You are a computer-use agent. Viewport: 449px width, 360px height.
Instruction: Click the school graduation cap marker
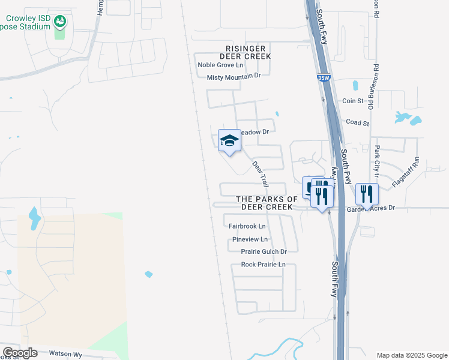click(x=229, y=141)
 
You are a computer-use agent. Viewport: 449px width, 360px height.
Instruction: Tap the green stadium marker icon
click(x=59, y=23)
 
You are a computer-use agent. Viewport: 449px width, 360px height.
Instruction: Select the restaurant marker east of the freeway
click(x=367, y=194)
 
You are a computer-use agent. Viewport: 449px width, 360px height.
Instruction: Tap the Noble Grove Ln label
click(x=221, y=65)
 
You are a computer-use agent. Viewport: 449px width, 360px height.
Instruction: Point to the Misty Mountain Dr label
click(x=235, y=77)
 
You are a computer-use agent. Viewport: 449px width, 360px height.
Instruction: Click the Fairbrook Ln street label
click(x=247, y=226)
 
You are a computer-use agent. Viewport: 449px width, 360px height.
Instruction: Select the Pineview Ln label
click(x=250, y=239)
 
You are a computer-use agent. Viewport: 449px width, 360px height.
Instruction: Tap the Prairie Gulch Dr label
click(x=264, y=251)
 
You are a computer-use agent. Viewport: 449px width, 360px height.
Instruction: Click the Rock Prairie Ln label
click(x=263, y=265)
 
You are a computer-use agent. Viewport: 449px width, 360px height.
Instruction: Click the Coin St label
click(x=353, y=101)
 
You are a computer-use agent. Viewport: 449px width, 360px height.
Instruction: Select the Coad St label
click(x=357, y=122)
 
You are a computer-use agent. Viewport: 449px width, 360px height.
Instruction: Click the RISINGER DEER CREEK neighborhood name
click(x=249, y=52)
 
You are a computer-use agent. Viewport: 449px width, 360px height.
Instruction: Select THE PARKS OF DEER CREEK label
click(x=267, y=203)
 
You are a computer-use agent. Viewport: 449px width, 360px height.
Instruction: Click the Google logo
click(x=20, y=353)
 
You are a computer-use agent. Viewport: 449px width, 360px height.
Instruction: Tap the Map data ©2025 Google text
click(x=411, y=355)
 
